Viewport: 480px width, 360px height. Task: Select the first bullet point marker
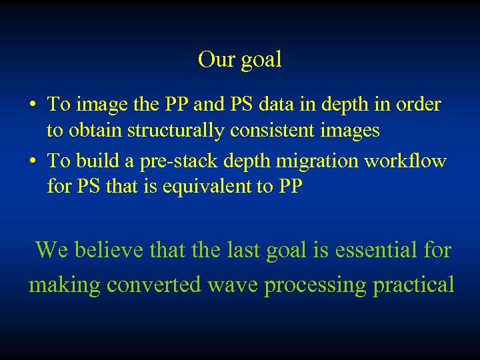tap(32, 105)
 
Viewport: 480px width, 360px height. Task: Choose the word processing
tap(316, 285)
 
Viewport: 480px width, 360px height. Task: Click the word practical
tap(414, 285)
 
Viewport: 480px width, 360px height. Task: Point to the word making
tap(64, 285)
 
